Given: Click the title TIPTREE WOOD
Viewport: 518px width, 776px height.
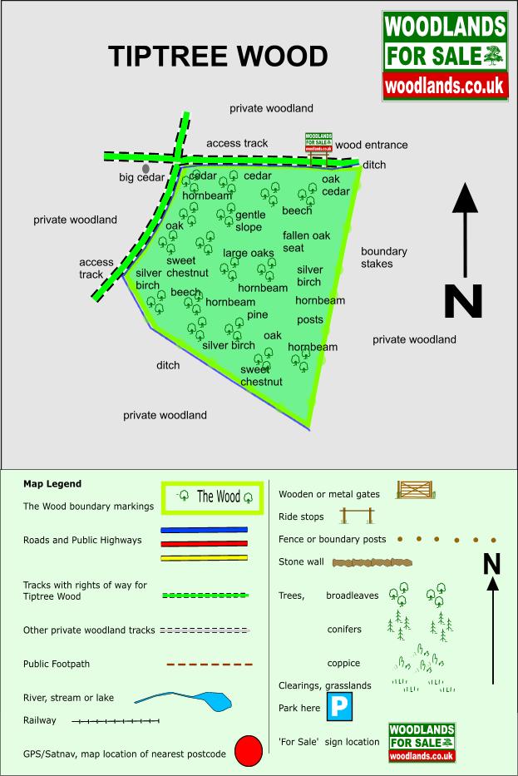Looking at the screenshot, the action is [x=218, y=56].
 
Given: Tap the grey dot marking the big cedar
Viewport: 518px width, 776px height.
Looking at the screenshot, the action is [x=146, y=169].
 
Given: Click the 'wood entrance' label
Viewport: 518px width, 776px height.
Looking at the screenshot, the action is [x=372, y=145].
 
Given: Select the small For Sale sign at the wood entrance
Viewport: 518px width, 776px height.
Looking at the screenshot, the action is [x=318, y=142].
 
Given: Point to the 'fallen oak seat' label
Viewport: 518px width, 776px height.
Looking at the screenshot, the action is [x=306, y=241].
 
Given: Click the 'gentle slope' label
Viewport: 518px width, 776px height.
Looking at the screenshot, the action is [x=250, y=220].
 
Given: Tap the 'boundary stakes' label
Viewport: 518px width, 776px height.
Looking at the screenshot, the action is [x=384, y=257].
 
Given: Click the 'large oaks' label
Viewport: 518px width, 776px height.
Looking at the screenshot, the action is [x=249, y=253].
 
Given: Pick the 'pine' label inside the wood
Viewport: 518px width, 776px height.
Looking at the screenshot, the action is [x=257, y=314].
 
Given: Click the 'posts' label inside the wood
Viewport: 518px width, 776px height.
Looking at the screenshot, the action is [x=310, y=319].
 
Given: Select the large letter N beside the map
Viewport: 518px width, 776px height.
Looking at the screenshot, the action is [x=463, y=301].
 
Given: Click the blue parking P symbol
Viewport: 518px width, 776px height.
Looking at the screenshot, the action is [x=339, y=706].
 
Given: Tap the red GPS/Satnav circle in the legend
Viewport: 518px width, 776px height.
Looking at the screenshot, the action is [x=249, y=750].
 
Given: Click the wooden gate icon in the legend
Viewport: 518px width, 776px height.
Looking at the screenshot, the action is [x=416, y=489].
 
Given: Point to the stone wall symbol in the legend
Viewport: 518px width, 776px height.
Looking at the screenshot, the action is [x=372, y=562].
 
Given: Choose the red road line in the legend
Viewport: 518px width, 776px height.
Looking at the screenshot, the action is [x=204, y=543].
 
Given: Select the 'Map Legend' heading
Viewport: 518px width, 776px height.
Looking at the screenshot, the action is [x=52, y=484].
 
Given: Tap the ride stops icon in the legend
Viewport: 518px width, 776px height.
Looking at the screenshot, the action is [x=357, y=516].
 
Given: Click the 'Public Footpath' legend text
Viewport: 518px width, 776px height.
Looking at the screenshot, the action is [x=57, y=665].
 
